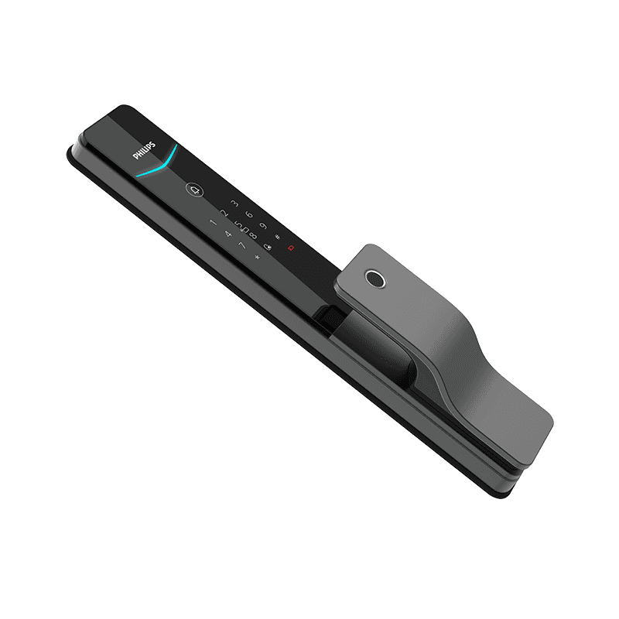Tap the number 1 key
[214, 223]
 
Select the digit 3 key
[234, 203]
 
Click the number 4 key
[227, 234]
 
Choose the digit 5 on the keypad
[238, 226]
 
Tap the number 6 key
[249, 215]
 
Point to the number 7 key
[241, 245]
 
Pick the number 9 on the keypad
[263, 227]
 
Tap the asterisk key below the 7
[256, 257]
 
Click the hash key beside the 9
[277, 237]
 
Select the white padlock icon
[267, 248]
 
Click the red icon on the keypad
[291, 248]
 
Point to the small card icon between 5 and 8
[245, 231]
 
